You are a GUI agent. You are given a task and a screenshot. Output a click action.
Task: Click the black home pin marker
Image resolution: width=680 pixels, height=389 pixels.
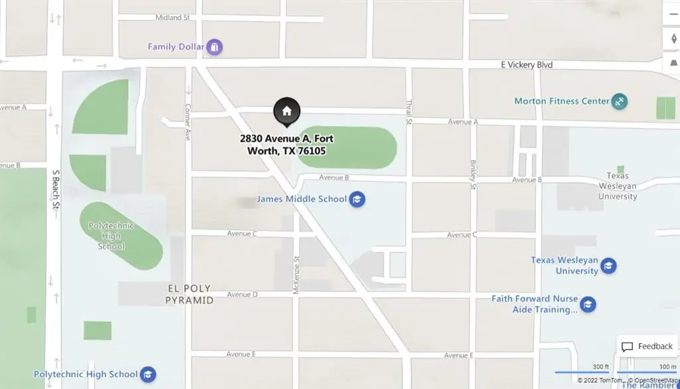click(287, 112)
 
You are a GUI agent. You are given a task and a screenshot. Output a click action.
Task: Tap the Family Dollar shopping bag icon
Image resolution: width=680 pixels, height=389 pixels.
click(214, 47)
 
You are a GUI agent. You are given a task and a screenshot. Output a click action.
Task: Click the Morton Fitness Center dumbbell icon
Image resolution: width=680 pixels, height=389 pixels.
click(620, 102)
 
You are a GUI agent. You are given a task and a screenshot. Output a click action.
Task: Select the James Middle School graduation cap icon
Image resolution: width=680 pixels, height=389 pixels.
click(357, 199)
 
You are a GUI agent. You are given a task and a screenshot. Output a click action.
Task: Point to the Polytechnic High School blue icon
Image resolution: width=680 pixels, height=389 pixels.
click(148, 374)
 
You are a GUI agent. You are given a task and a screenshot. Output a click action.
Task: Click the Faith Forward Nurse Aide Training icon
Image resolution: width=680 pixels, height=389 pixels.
click(587, 305)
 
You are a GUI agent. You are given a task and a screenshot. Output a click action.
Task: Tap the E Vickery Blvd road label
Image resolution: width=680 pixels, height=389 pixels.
click(527, 65)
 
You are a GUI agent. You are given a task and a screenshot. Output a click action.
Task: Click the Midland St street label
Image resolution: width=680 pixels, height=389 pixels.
click(173, 18)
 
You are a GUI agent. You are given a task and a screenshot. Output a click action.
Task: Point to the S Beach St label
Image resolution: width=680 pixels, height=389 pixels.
click(56, 189)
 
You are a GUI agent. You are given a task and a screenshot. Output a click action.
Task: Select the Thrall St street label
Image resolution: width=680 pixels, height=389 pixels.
click(409, 112)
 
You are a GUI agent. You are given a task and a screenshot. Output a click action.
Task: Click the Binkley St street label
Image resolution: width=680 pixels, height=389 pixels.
click(473, 174)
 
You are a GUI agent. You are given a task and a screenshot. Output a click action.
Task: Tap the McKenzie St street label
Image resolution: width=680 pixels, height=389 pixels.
click(297, 275)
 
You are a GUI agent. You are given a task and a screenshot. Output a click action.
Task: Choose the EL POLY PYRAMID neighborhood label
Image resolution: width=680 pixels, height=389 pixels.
click(189, 295)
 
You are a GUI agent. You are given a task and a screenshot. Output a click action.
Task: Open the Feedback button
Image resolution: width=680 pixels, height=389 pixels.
click(647, 347)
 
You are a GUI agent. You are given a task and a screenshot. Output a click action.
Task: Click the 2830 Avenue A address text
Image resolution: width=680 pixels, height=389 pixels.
click(287, 145)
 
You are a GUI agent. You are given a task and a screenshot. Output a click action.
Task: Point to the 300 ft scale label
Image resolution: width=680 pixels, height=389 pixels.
click(600, 367)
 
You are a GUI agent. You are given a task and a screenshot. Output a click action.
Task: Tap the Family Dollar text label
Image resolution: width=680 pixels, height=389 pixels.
click(176, 47)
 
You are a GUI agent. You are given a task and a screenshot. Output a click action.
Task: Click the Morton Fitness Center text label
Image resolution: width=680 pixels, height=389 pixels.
click(562, 102)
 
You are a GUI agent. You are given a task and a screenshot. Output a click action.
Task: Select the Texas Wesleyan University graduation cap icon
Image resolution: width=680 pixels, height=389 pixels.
click(608, 267)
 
